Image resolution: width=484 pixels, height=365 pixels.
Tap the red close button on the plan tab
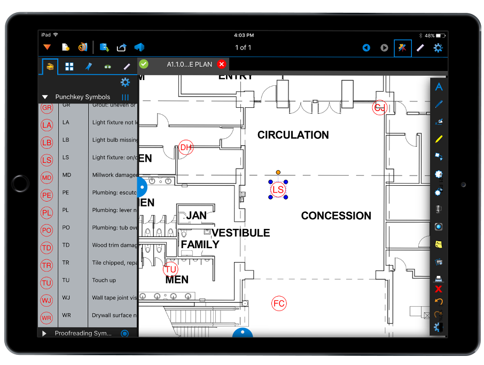(221, 64)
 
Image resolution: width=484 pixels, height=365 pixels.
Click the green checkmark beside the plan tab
(144, 64)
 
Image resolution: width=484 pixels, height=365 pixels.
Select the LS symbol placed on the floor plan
(278, 189)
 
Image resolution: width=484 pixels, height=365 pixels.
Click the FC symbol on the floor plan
(279, 304)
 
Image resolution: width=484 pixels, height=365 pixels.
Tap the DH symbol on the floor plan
(185, 147)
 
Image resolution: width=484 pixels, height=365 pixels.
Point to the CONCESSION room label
(335, 216)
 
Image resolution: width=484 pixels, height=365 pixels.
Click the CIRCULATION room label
(293, 135)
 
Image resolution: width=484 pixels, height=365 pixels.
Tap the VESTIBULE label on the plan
(240, 233)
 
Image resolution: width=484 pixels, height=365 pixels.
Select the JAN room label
(196, 216)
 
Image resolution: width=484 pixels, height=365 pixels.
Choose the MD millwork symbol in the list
(47, 178)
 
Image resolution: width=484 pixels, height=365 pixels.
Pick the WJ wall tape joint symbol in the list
(47, 300)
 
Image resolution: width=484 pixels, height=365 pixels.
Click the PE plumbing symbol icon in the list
(47, 195)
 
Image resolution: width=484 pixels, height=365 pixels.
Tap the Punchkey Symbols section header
(82, 97)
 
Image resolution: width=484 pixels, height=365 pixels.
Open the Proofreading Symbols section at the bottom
(83, 333)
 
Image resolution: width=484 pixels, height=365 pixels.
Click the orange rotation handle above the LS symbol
(278, 172)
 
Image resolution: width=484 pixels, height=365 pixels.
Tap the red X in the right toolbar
(439, 289)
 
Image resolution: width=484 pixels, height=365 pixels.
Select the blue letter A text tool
(439, 86)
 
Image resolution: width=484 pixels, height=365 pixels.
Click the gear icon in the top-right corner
(438, 48)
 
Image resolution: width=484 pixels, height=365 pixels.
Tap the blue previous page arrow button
(366, 48)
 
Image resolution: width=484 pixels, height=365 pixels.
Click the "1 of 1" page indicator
(243, 48)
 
